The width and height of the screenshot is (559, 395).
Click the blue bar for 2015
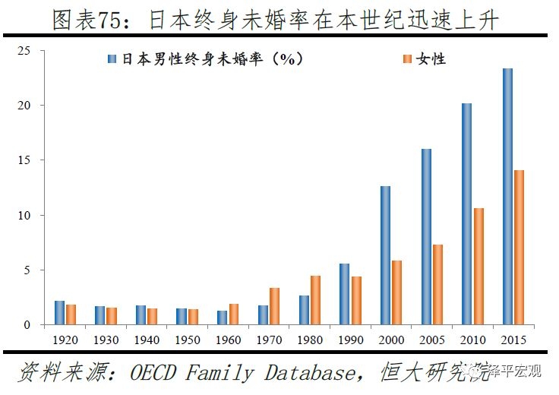pyautogui.click(x=507, y=197)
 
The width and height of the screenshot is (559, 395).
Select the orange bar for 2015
pyautogui.click(x=520, y=248)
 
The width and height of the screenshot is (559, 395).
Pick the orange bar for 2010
pyautogui.click(x=478, y=267)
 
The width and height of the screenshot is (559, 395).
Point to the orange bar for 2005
pyautogui.click(x=437, y=285)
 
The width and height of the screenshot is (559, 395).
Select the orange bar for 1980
pyautogui.click(x=315, y=300)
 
